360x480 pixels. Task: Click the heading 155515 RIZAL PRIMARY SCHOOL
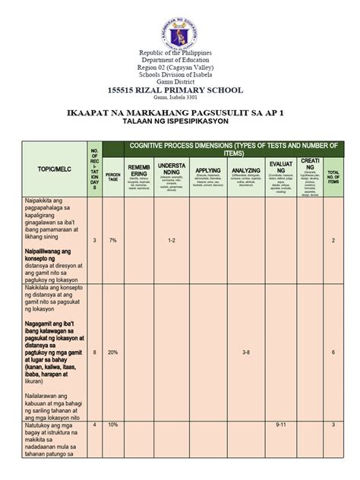pyautogui.click(x=180, y=90)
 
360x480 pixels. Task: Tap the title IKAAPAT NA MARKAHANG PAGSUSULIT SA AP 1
pyautogui.click(x=180, y=112)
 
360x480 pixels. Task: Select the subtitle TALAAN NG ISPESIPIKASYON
pyautogui.click(x=180, y=122)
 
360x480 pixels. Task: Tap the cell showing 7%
pyautogui.click(x=112, y=240)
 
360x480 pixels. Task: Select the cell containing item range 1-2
pyautogui.click(x=173, y=240)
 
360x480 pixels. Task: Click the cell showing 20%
pyautogui.click(x=112, y=353)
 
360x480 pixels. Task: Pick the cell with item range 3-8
pyautogui.click(x=246, y=353)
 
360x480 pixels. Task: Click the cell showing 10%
pyautogui.click(x=112, y=425)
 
